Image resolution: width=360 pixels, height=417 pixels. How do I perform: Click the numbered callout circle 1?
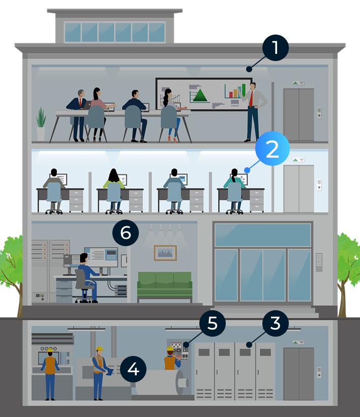click(x=275, y=48)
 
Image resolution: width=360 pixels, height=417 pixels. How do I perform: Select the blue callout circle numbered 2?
click(x=272, y=148)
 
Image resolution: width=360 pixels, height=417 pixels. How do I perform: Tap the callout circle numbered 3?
click(x=276, y=323)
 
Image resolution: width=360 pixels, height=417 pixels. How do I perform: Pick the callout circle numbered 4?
click(x=133, y=369)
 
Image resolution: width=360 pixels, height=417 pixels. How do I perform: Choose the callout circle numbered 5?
click(x=213, y=323)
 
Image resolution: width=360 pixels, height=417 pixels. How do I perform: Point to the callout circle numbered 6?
click(x=126, y=233)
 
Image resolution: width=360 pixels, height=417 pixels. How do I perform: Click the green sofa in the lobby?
click(x=165, y=284)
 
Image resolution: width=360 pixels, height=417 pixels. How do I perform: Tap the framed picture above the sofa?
click(x=165, y=253)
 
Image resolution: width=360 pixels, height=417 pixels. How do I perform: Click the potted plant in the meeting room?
click(x=41, y=124)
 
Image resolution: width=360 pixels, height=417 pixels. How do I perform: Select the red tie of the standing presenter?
click(x=251, y=99)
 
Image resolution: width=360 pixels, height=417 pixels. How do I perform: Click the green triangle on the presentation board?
click(x=200, y=95)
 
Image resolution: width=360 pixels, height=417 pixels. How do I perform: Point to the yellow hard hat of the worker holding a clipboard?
click(x=100, y=349)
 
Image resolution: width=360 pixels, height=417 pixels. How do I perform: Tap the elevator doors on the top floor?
click(x=298, y=114)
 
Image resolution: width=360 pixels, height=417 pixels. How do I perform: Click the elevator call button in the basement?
click(x=319, y=373)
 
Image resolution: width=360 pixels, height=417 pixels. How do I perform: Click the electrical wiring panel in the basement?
click(x=179, y=350)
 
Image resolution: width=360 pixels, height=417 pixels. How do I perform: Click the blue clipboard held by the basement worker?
click(x=109, y=371)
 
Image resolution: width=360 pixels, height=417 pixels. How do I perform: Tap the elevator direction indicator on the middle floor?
click(x=298, y=160)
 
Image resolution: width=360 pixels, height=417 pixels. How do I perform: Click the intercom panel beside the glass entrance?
click(x=319, y=262)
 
